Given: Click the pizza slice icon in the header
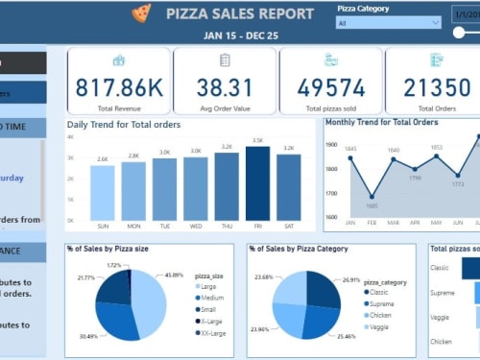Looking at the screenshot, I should [140, 13].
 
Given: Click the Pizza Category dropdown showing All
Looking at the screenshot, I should [388, 22].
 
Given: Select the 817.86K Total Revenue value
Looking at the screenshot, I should [118, 88].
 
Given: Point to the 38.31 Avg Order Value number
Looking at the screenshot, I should [225, 88].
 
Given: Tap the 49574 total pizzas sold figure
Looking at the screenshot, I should [331, 88].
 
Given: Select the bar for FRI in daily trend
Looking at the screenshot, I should [257, 183].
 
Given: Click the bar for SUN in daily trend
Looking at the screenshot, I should [102, 193].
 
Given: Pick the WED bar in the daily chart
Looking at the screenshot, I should [196, 189].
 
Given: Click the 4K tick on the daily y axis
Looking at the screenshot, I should [70, 137].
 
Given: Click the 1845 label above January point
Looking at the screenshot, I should [350, 149].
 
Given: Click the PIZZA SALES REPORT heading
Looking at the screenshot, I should [239, 13].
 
